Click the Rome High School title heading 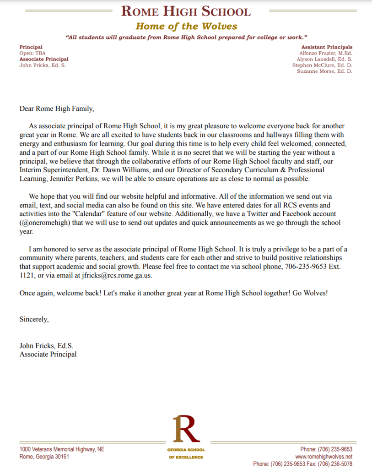(186, 11)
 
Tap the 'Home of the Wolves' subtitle (186, 26)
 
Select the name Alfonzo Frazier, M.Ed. (325, 53)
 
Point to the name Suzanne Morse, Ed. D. (324, 71)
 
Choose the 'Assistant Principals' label (327, 47)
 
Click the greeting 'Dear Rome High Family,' (56, 109)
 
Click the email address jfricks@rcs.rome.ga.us (117, 275)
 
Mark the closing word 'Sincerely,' (34, 319)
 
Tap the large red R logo (185, 428)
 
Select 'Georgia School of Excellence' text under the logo (186, 453)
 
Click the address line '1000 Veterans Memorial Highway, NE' (62, 449)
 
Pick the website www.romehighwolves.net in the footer (323, 457)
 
